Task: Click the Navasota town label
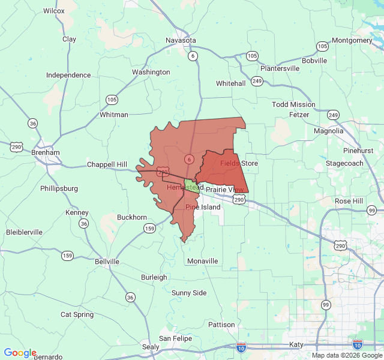point(181,40)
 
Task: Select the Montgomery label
point(352,40)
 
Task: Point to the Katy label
point(296,344)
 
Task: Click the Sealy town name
point(151,347)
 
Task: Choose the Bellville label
point(107,262)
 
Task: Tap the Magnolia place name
point(329,131)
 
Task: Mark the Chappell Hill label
point(107,164)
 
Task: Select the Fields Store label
point(239,163)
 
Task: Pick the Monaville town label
point(202,261)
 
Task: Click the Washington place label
point(151,72)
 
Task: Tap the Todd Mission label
point(293,104)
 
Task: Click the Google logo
point(20,353)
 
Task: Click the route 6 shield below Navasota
point(192,56)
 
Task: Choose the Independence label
point(68,76)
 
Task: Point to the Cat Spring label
point(77,314)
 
